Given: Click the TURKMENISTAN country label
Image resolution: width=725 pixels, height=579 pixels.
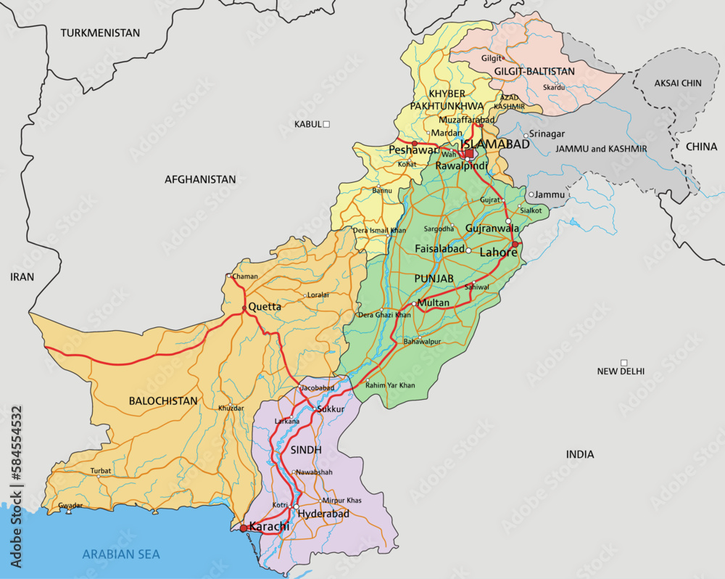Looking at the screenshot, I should point(100,33).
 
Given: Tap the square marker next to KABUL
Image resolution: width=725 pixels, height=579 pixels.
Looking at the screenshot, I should point(326,124).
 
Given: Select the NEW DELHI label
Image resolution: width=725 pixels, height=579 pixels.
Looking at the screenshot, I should point(621,371).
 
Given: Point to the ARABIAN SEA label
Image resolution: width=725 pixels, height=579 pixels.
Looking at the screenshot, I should point(120,554).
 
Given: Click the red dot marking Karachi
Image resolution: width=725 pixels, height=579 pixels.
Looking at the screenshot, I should point(244,528).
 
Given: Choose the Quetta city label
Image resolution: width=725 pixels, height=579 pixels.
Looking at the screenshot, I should point(265,307).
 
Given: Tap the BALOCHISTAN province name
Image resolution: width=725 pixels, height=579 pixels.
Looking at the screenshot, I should point(163,401).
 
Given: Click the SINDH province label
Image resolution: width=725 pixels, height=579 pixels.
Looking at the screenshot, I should point(305,450).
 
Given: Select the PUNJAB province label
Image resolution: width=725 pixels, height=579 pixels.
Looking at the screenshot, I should point(434,279).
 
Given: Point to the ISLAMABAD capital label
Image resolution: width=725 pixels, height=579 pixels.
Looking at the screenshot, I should point(495,145).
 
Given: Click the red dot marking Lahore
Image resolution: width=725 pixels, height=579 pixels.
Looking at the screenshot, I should point(515,244).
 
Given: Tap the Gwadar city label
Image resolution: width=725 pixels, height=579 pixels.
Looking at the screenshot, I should point(70,504).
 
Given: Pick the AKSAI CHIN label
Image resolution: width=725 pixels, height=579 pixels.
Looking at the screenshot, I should point(678,83).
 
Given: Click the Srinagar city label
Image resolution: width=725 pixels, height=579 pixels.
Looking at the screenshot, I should point(547,134).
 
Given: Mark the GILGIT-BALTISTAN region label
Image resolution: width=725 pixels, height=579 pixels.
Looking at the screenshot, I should point(534,71).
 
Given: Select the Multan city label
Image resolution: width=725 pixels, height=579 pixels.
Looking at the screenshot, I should point(434,303).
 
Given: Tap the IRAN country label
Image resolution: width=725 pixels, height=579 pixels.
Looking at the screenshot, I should point(22,276).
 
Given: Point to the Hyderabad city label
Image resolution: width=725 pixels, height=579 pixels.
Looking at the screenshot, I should point(323,514).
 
